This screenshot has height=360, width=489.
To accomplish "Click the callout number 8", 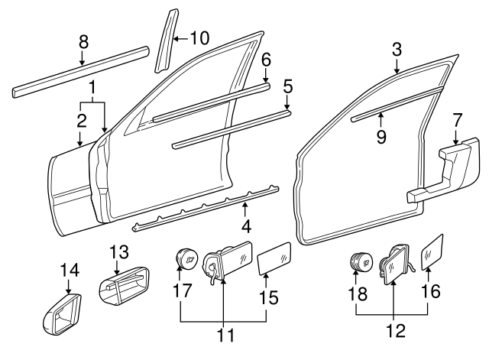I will coord(83,41).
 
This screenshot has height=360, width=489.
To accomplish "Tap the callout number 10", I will coord(199,38).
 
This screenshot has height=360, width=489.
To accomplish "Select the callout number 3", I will coord(397,50).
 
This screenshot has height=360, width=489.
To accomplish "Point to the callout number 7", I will coord(457,119).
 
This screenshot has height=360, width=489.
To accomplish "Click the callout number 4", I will coord(245,226).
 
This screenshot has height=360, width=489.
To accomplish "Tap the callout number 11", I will coord(222,334).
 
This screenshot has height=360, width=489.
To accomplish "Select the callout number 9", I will coord(380,136).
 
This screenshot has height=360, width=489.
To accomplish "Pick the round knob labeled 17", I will coord(183,260).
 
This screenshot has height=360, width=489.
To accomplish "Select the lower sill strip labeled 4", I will coord(202,208).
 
